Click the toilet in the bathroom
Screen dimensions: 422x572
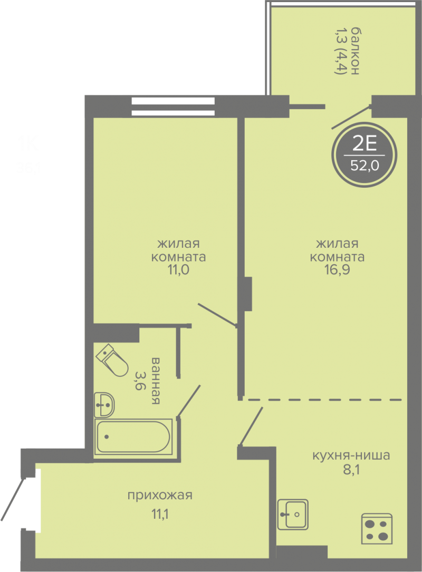point(112,360)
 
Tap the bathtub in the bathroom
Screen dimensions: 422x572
point(133,437)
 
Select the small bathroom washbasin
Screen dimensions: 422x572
point(104,404)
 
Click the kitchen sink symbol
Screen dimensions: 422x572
point(293,515)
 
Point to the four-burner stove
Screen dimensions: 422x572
point(377,529)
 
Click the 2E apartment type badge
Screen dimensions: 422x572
point(365,154)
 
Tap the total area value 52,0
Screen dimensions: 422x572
point(365,166)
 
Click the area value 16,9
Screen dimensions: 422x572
point(337,270)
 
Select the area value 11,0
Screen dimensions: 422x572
point(178,270)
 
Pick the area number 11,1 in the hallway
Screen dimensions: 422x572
point(160,514)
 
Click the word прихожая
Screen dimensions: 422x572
point(160,496)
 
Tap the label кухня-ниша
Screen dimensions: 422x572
point(351,455)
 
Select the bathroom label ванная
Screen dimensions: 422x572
point(155,381)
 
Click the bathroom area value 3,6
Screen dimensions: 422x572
point(139,381)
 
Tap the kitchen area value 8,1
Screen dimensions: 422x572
point(351,470)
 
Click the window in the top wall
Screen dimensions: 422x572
point(173,106)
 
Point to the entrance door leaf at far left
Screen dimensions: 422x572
point(13,499)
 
